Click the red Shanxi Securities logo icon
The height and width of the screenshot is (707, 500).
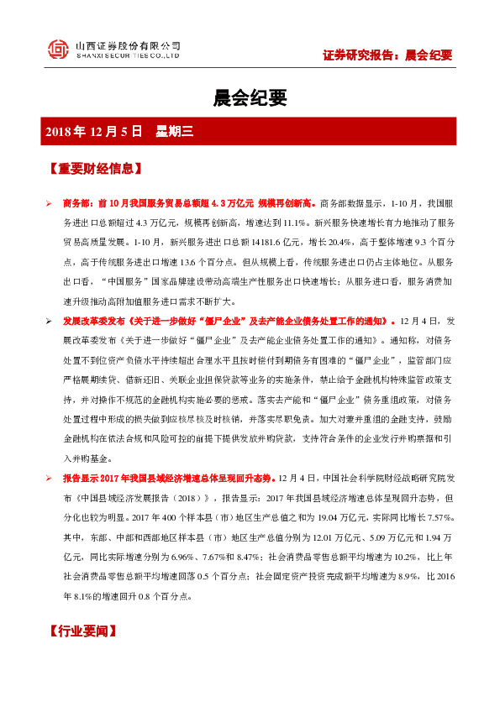click(x=58, y=50)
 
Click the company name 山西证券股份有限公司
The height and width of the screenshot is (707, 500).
click(x=128, y=45)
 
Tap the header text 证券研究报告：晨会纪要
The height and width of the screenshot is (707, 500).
click(x=387, y=55)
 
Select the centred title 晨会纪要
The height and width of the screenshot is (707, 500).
click(x=250, y=98)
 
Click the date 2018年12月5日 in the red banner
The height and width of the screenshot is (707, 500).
click(x=94, y=131)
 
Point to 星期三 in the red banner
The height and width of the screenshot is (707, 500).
click(x=175, y=131)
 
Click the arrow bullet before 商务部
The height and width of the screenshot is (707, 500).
click(x=49, y=204)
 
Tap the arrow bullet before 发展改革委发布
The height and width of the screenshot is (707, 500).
click(x=49, y=322)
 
